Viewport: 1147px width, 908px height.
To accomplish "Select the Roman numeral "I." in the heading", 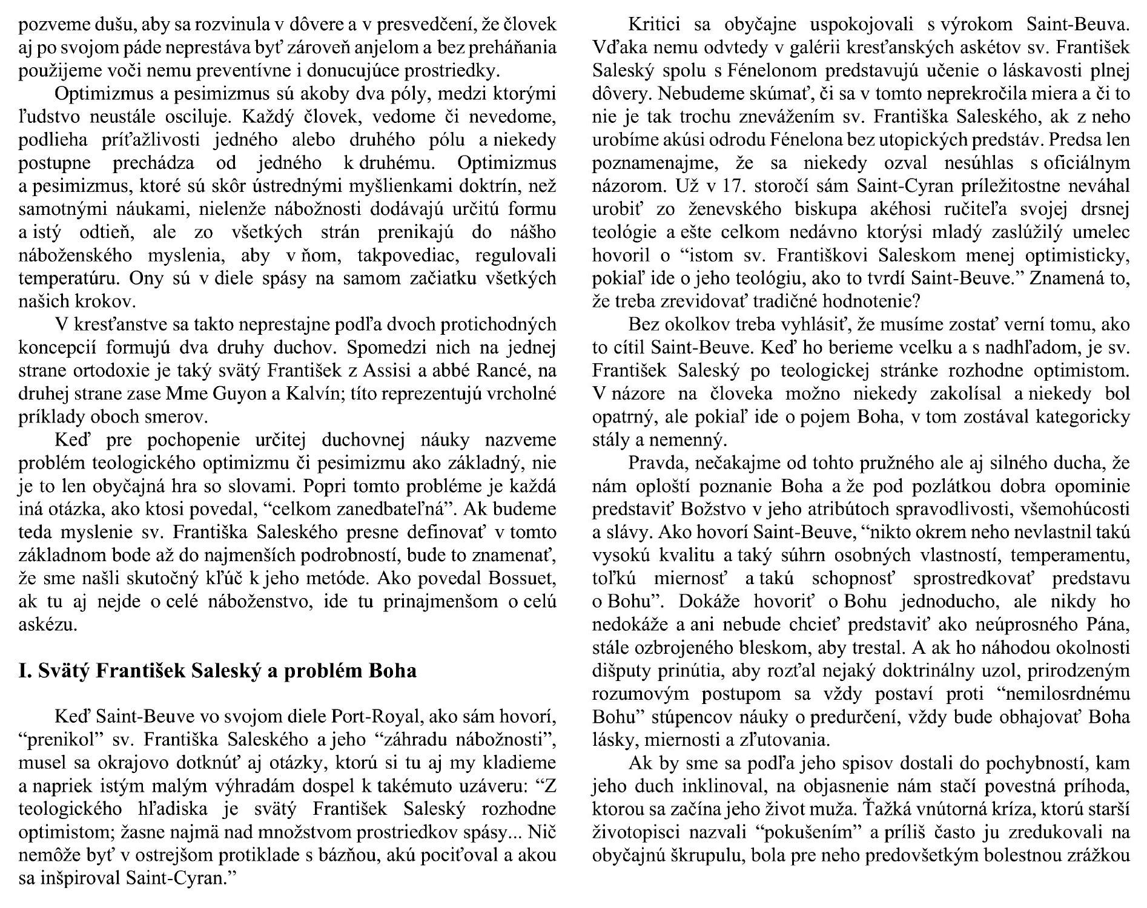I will pyautogui.click(x=24, y=671).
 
